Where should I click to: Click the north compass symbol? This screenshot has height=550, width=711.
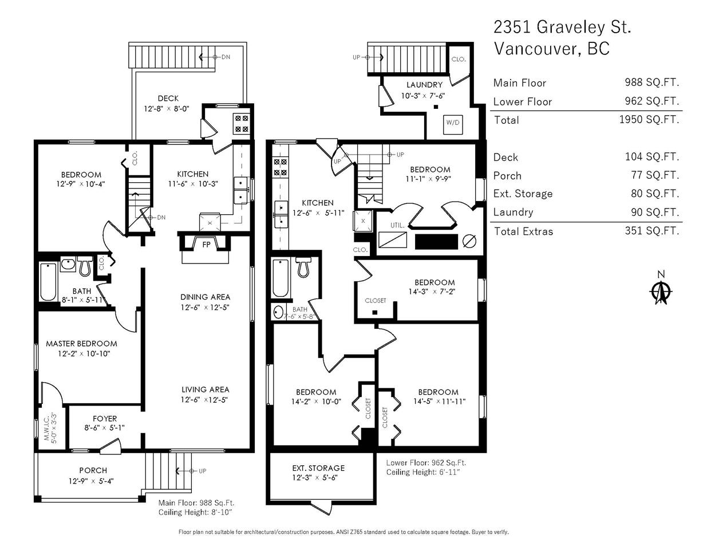[x=661, y=291]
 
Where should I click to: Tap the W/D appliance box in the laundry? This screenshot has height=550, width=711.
[x=453, y=124]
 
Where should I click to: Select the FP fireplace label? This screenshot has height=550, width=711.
[x=206, y=245]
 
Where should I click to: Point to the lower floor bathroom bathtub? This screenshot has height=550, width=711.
[x=281, y=278]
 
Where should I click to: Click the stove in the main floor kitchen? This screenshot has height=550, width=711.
[x=242, y=123]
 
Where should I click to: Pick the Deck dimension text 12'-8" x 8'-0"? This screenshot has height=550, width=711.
[x=167, y=109]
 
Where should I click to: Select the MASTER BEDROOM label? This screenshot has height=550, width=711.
[x=81, y=344]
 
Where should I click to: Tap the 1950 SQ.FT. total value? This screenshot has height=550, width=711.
[x=649, y=120]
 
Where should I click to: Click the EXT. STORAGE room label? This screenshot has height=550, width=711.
[x=318, y=468]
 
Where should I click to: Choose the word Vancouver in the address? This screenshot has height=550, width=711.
[x=535, y=49]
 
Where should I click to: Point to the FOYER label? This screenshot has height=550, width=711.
[x=105, y=419]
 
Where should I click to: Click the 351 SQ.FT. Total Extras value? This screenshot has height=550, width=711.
[x=652, y=231]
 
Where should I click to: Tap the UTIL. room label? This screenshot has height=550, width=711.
[x=397, y=226]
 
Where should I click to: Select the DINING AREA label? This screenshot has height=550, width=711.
[x=206, y=297]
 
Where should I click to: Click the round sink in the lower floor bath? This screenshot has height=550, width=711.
[x=278, y=312]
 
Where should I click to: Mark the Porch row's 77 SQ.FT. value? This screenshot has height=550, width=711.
[x=655, y=175]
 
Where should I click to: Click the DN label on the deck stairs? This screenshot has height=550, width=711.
[x=226, y=57]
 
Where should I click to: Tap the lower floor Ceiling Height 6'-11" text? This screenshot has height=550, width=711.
[x=422, y=472]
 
